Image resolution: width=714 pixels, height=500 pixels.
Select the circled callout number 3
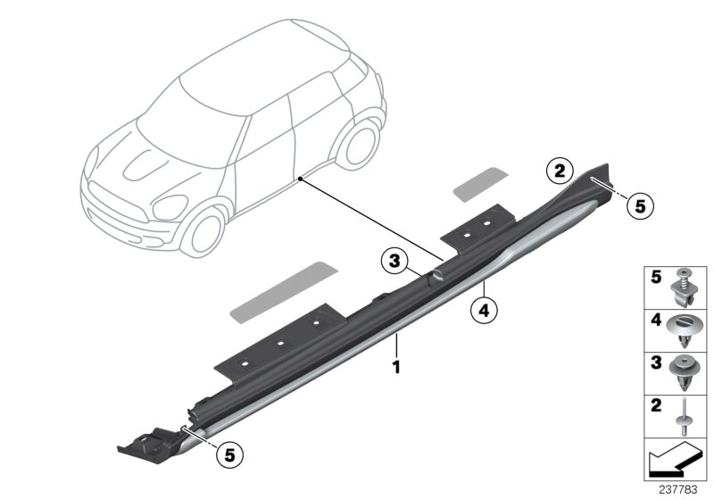(x=392, y=262)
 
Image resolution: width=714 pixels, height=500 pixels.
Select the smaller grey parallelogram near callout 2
(x=479, y=182)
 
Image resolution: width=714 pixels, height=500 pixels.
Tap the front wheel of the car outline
(x=204, y=227)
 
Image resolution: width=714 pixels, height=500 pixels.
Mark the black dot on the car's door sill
(x=303, y=179)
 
